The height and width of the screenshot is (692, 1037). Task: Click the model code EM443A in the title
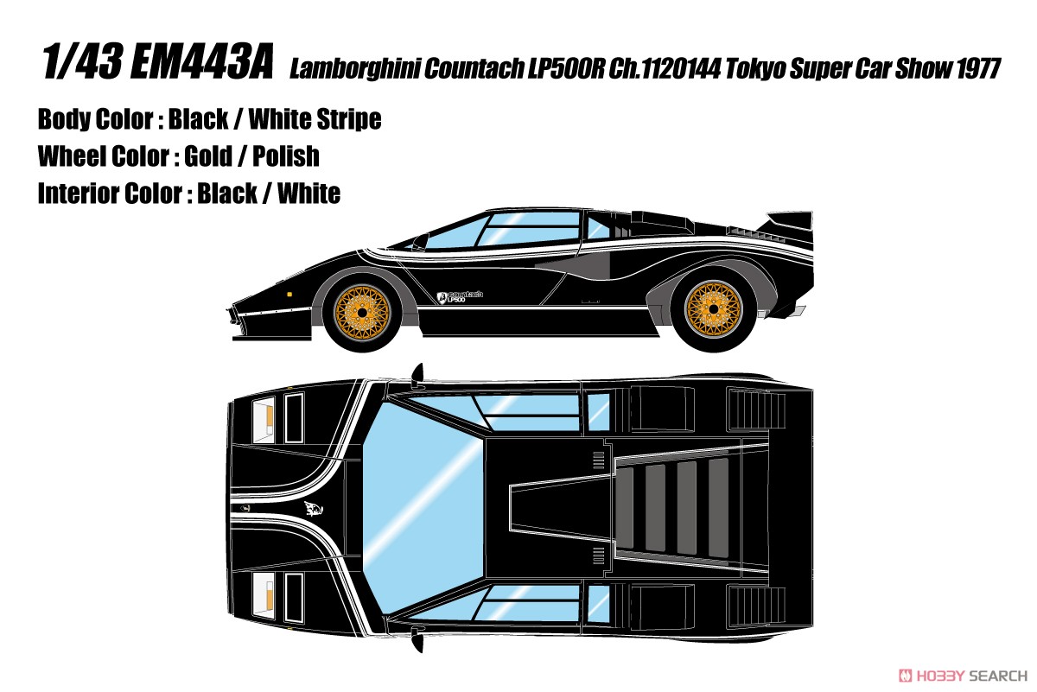[201, 61]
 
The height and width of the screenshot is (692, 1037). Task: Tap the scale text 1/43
[82, 61]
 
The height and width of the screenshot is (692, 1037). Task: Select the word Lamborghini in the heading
[354, 68]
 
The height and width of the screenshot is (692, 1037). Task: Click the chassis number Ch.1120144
[665, 68]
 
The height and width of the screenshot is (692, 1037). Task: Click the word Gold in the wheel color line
[208, 156]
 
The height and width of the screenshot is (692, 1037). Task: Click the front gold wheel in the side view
[362, 314]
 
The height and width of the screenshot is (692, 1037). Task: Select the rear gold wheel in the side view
[714, 308]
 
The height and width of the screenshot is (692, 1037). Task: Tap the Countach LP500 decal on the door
[460, 296]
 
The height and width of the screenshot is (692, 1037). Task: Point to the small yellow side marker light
[289, 294]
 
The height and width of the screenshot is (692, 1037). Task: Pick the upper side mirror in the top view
[417, 374]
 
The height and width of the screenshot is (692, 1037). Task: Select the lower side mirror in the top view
[417, 638]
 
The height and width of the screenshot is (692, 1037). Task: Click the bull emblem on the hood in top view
[314, 509]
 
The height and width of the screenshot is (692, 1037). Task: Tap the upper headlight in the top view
[264, 420]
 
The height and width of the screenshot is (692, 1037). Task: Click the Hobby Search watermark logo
[963, 676]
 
